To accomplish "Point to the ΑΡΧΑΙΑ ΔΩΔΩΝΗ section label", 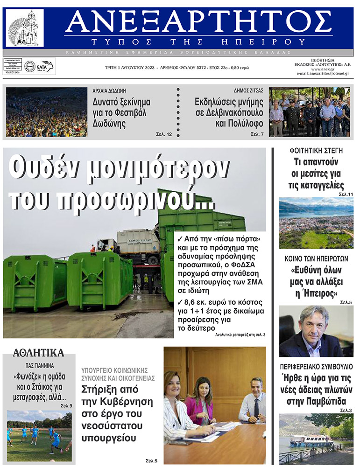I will pyautogui.click(x=110, y=91).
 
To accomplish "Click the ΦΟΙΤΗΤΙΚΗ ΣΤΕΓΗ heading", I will pyautogui.click(x=316, y=151).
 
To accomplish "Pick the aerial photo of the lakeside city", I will pyautogui.click(x=316, y=223).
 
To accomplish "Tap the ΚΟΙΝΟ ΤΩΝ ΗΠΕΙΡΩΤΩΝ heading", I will pyautogui.click(x=316, y=258).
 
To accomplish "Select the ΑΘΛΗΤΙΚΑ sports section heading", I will pyautogui.click(x=39, y=353).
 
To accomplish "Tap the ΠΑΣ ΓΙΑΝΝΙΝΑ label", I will pyautogui.click(x=39, y=366).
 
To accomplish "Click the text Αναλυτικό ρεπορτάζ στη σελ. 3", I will pyautogui.click(x=240, y=335).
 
